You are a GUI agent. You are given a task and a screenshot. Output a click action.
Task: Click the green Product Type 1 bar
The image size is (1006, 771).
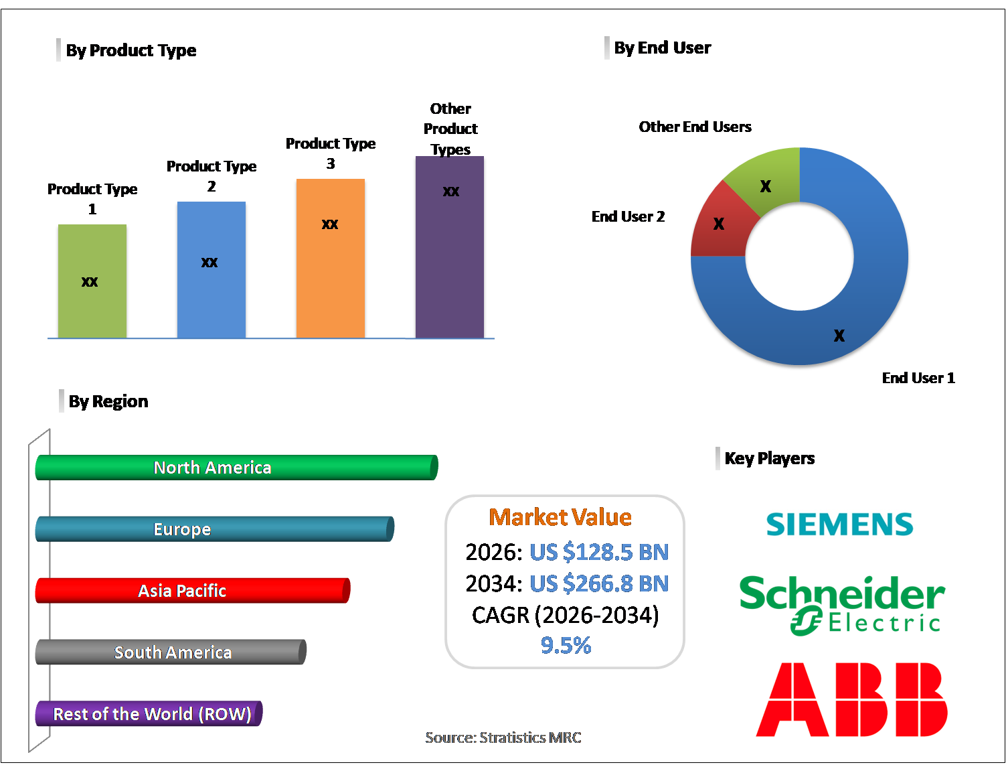point(92,281)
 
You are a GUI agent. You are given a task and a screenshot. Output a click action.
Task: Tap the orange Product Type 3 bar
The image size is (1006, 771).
point(331,259)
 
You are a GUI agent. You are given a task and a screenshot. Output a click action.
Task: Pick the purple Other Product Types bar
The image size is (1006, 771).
point(450,247)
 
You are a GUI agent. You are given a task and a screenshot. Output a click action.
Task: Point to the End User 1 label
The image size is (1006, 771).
point(918,378)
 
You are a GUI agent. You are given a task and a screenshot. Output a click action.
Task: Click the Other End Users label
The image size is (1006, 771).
point(695,127)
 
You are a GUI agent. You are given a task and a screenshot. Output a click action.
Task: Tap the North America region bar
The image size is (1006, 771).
point(236,468)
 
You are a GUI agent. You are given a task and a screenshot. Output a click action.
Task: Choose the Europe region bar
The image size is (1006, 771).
point(214,529)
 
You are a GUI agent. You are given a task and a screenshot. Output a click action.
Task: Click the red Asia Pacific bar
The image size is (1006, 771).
point(192,591)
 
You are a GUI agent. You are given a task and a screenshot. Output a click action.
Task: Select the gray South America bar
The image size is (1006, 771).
point(171,652)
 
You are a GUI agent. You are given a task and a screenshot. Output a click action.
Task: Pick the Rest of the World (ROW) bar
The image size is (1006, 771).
point(149,714)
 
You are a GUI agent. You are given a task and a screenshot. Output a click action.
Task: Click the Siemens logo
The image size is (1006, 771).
point(839,524)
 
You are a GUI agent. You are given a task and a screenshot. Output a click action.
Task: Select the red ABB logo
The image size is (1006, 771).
point(851,699)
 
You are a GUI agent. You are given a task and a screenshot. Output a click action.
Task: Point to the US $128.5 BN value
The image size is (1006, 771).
point(599,552)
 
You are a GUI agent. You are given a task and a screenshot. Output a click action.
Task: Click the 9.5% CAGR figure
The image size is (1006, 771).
point(566,645)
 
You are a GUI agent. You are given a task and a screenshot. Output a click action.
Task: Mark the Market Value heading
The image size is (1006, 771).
point(560,517)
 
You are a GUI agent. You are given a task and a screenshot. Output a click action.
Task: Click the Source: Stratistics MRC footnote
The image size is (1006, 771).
point(503,738)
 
